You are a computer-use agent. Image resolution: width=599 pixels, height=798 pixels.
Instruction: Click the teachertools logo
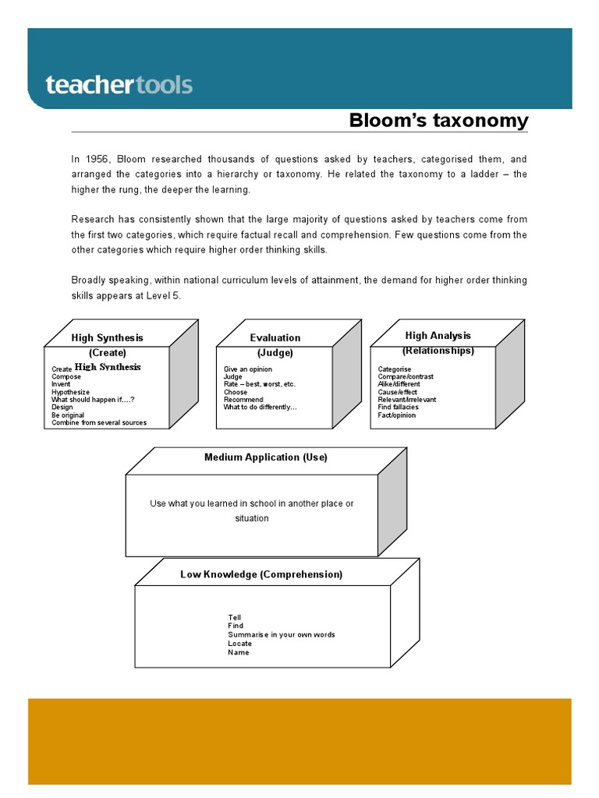119,85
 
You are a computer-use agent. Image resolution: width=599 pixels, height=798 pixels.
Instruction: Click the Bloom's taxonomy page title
438,121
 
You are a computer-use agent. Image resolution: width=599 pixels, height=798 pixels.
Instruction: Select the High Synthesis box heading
107,338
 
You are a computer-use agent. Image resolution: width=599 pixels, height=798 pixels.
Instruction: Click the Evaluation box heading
275,338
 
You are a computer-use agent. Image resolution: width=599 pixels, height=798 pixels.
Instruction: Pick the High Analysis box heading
438,336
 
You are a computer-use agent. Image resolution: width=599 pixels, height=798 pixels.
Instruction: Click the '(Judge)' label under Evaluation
275,353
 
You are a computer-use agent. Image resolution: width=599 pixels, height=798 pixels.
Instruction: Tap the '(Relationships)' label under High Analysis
438,351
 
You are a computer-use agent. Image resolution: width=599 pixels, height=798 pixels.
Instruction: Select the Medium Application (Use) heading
266,457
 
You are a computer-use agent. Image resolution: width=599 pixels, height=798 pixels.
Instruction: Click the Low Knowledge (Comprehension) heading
261,574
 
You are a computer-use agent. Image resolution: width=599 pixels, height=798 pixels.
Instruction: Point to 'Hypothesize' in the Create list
70,392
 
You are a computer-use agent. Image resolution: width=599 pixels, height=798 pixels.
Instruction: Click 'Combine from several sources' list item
98,422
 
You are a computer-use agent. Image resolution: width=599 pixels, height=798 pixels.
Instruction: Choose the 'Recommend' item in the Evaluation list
243,400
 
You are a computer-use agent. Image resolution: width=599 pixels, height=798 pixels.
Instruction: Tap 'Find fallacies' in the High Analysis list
398,407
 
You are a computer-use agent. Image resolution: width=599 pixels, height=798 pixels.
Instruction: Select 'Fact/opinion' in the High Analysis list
397,415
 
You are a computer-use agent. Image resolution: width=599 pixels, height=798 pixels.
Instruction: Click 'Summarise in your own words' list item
281,635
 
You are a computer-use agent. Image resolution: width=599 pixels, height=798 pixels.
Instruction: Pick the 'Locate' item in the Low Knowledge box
239,644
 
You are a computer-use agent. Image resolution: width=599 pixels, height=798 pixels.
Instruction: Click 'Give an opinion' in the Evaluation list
248,369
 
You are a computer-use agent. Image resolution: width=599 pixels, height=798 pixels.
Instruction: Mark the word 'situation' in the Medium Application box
251,518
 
